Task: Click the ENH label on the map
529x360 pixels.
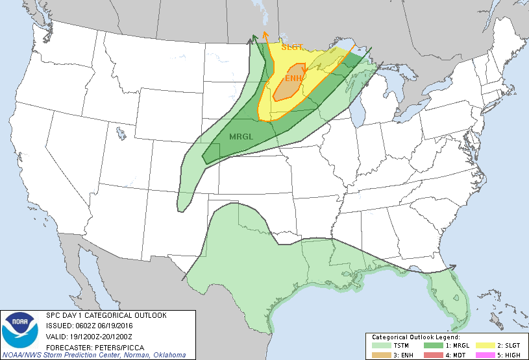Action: (294, 78)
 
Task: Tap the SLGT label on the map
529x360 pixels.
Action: (293, 47)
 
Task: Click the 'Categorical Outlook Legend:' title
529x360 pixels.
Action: (415, 338)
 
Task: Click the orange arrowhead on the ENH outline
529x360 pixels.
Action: (304, 70)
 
